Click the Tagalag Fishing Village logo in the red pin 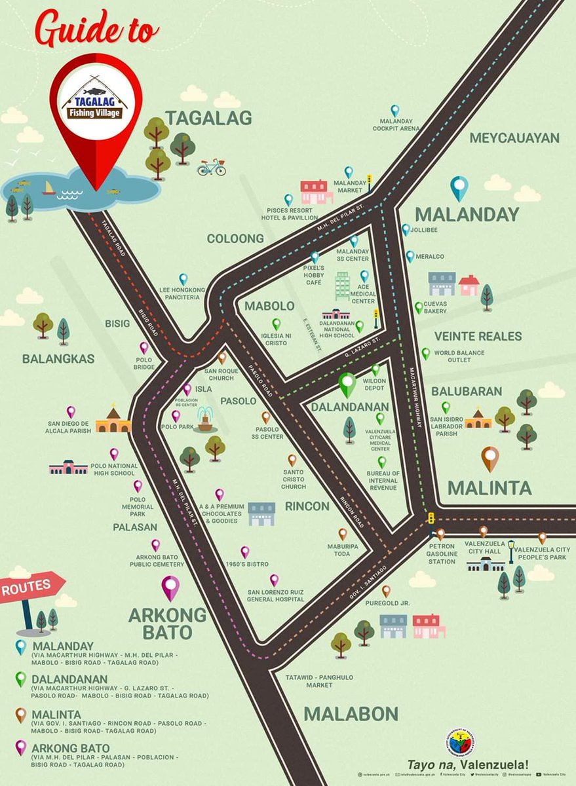tap(96, 100)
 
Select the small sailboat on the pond tap(49, 189)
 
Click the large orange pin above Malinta tap(490, 458)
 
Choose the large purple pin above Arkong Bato tap(170, 588)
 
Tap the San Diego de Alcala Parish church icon tap(113, 421)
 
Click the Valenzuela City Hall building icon tap(486, 563)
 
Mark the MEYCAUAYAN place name tap(514, 138)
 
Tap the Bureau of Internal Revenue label tap(383, 480)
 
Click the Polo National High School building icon tap(68, 467)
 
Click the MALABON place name tap(351, 713)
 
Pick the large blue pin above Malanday tap(459, 188)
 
